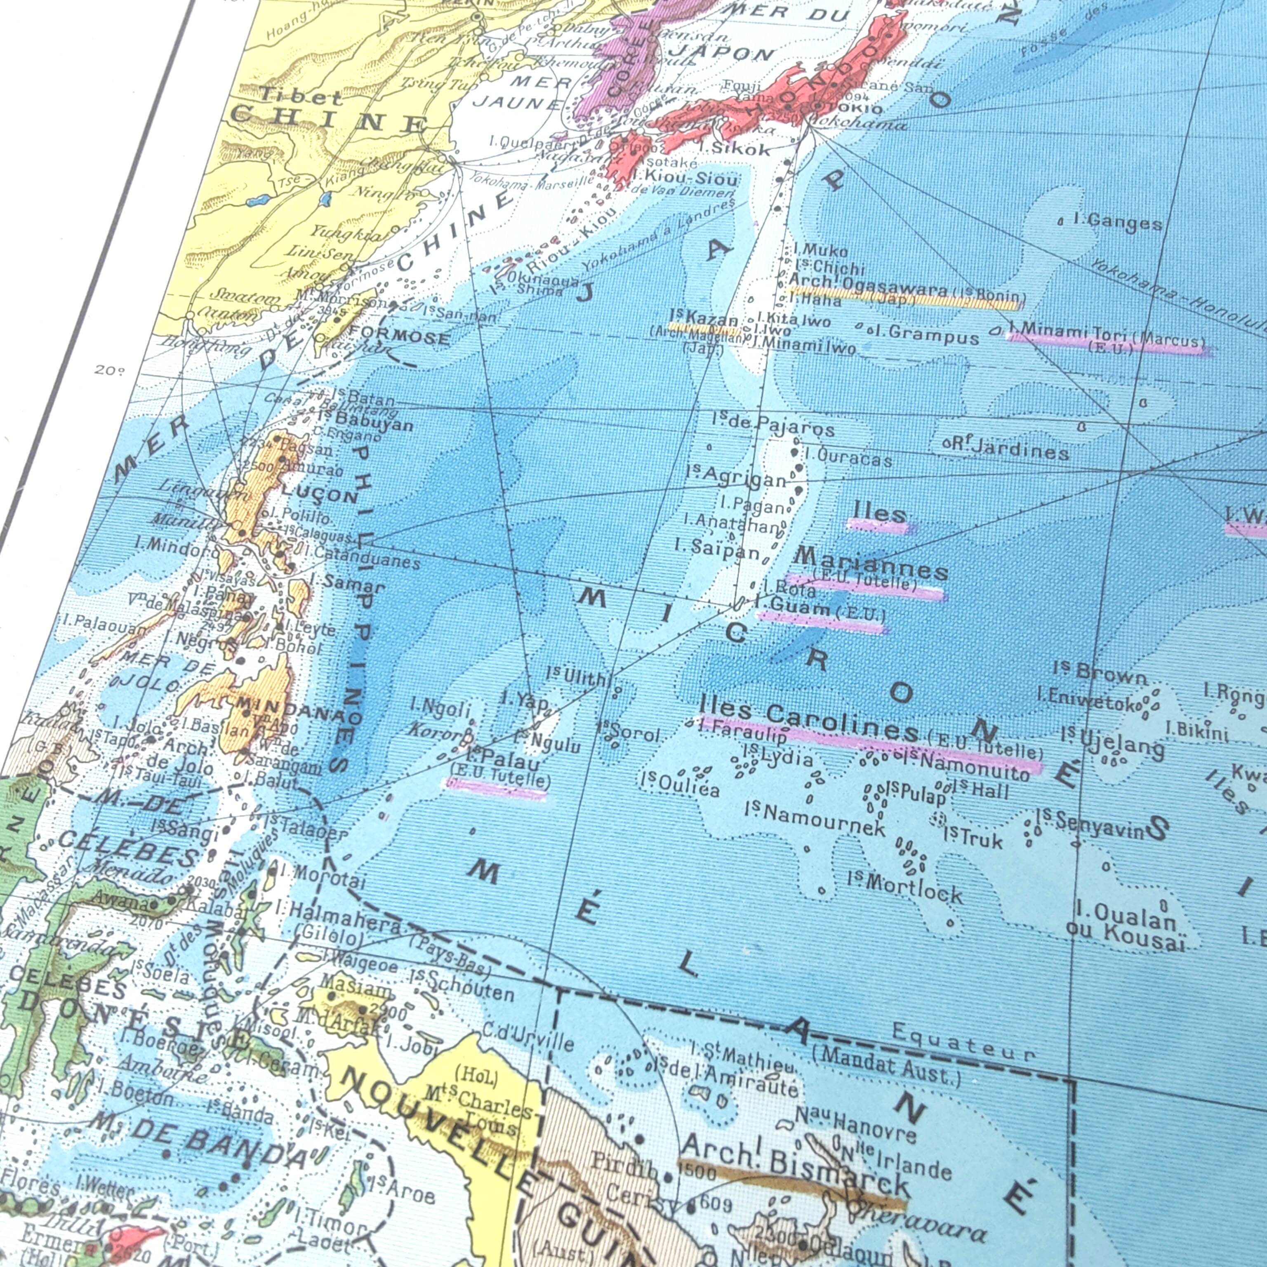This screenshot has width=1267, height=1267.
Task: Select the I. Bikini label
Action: [1197, 730]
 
